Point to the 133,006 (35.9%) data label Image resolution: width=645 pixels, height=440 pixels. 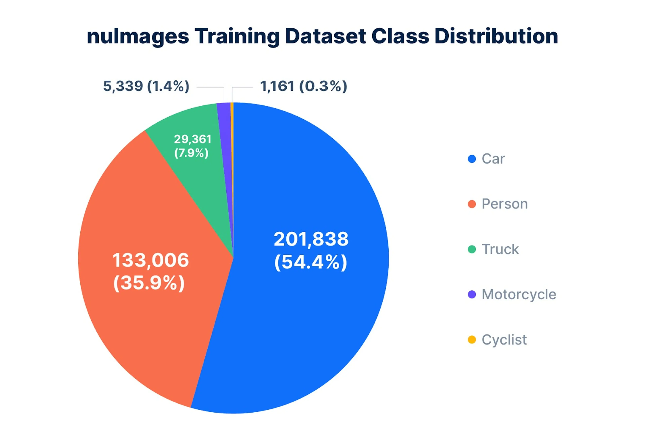(150, 272)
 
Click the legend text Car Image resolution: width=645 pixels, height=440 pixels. (493, 159)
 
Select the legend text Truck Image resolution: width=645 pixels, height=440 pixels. (500, 249)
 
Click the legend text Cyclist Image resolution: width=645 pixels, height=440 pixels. (504, 340)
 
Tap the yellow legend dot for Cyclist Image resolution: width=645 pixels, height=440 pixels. (472, 340)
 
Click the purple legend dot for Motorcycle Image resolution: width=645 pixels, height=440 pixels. (472, 294)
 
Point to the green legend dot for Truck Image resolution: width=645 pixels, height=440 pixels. (472, 249)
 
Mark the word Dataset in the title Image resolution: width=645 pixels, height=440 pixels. (325, 36)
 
